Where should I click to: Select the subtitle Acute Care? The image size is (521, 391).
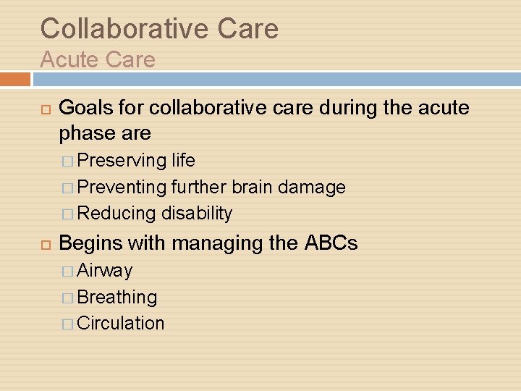(98, 59)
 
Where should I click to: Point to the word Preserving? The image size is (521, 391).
(122, 160)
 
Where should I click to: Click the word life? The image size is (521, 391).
(183, 160)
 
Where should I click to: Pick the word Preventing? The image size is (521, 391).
(122, 187)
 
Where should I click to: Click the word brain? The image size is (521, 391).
(253, 187)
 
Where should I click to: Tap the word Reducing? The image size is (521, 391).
(117, 214)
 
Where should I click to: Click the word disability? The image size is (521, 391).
(197, 214)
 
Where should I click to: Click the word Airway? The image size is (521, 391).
(105, 271)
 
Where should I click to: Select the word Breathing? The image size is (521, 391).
(117, 297)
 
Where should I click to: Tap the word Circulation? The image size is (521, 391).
(121, 323)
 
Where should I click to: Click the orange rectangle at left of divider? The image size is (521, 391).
(15, 79)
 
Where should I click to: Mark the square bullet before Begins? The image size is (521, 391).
(45, 244)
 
